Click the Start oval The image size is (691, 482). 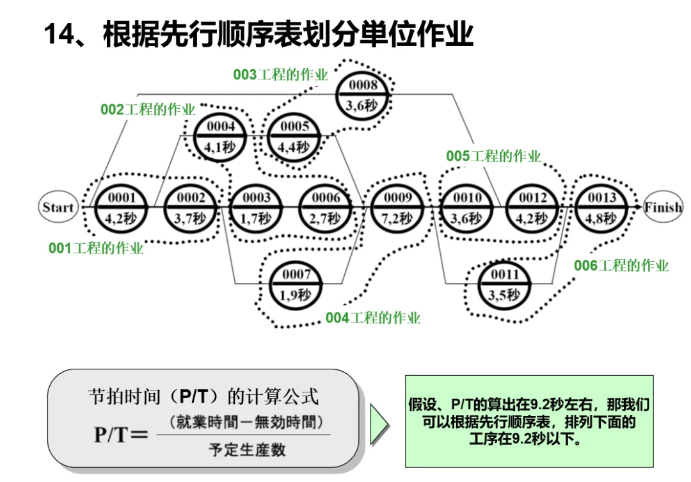(x=58, y=207)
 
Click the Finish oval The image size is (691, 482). (x=663, y=207)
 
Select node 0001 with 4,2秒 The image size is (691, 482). (x=122, y=207)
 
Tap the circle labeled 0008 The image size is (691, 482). (x=363, y=95)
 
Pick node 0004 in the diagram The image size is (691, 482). (x=220, y=136)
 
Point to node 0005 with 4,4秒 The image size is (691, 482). (x=294, y=136)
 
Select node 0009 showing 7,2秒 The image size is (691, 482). (x=397, y=207)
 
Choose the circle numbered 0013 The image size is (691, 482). (x=601, y=207)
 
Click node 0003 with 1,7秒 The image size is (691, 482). (x=256, y=207)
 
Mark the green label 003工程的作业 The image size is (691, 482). (x=280, y=75)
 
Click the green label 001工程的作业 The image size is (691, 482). (x=96, y=248)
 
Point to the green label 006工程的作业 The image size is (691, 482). (x=621, y=266)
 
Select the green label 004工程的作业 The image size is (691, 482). (x=373, y=317)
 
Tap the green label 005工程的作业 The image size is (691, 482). (x=493, y=156)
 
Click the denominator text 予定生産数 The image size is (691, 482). (x=246, y=450)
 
